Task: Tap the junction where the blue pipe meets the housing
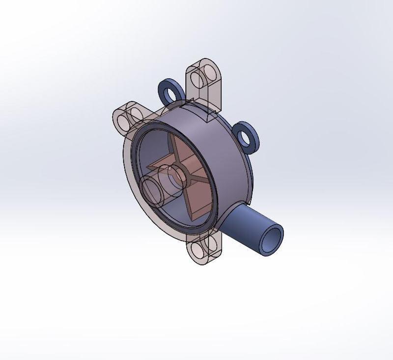tap(227, 216)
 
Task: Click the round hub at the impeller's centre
tap(176, 175)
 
